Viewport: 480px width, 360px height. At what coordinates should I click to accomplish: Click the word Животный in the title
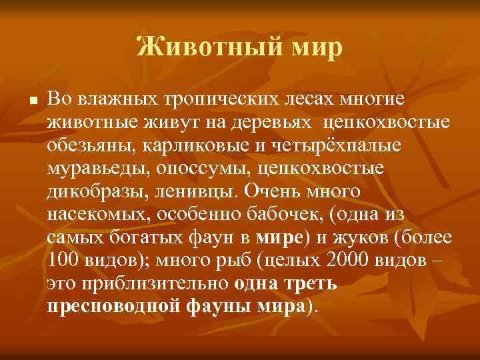188,47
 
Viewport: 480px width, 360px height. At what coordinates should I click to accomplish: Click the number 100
62,261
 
